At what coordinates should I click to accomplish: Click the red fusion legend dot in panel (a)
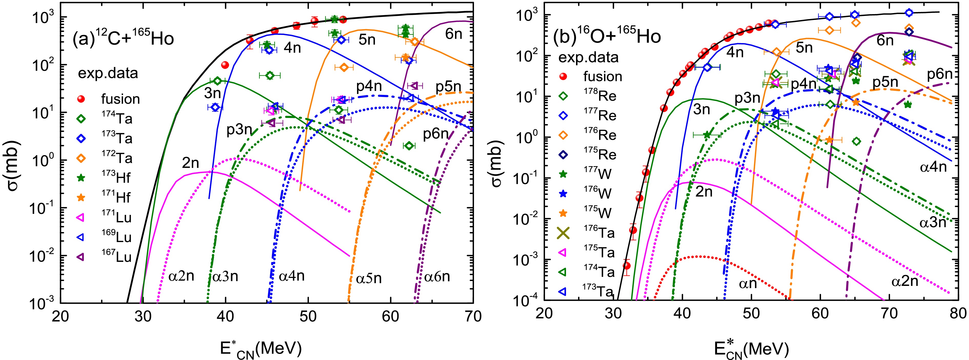point(80,99)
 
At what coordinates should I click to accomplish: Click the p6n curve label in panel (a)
point(436,134)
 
